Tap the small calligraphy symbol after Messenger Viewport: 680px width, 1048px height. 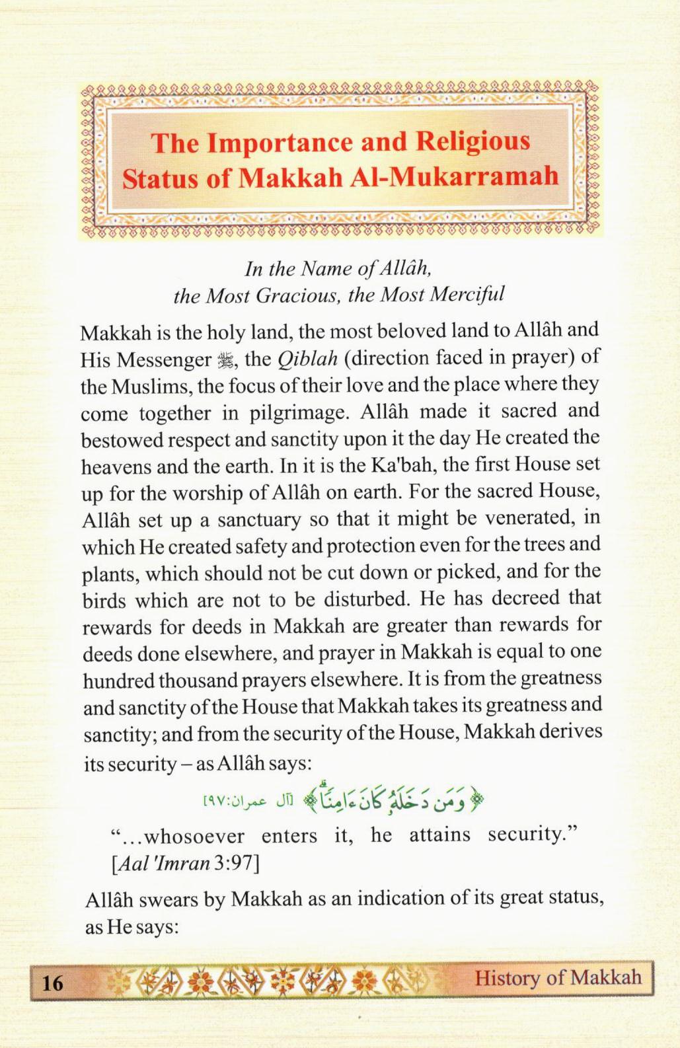tap(223, 360)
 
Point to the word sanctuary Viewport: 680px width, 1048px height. tap(260, 519)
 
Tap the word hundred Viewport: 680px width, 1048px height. tap(117, 681)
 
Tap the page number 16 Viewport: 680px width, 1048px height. tap(52, 983)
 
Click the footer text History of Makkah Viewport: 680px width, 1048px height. tap(558, 978)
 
